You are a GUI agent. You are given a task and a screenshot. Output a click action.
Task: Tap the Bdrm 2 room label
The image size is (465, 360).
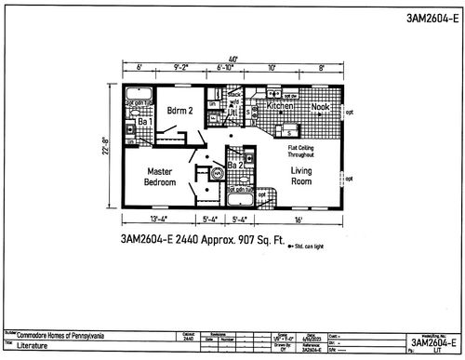coord(180,112)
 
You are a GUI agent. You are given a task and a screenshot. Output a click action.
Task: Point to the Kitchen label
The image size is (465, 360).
coord(281,107)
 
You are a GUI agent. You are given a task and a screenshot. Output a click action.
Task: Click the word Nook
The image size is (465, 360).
coord(320,107)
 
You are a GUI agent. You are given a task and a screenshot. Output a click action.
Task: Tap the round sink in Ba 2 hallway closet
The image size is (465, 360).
coord(217,174)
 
